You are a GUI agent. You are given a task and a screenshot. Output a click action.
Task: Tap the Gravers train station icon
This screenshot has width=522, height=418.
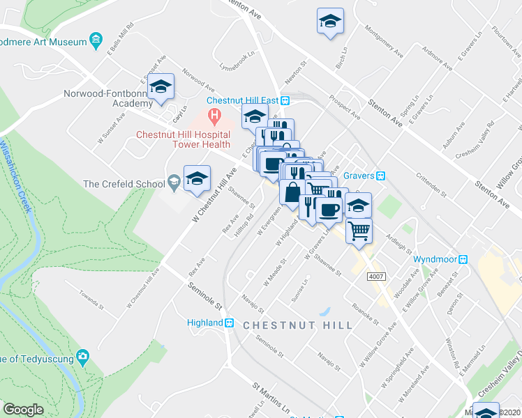[381, 176]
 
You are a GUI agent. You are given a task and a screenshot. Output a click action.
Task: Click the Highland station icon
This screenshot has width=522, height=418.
[229, 323]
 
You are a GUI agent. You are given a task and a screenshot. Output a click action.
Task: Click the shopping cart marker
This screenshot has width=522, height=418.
[359, 231]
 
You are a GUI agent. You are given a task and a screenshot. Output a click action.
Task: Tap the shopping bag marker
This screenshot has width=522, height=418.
[292, 192]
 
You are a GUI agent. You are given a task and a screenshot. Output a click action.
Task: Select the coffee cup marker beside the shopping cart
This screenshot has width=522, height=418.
[329, 208]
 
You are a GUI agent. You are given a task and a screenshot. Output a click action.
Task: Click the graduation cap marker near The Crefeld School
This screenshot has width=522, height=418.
[197, 178]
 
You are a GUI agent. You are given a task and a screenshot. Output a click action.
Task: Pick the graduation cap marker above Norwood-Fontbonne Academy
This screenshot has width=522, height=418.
[161, 86]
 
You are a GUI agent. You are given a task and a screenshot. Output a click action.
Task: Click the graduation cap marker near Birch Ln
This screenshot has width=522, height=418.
[330, 21]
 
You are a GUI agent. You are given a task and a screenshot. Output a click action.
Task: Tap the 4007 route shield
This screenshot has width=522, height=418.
[376, 277]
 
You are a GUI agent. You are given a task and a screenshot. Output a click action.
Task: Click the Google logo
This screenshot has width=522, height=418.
[23, 409]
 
